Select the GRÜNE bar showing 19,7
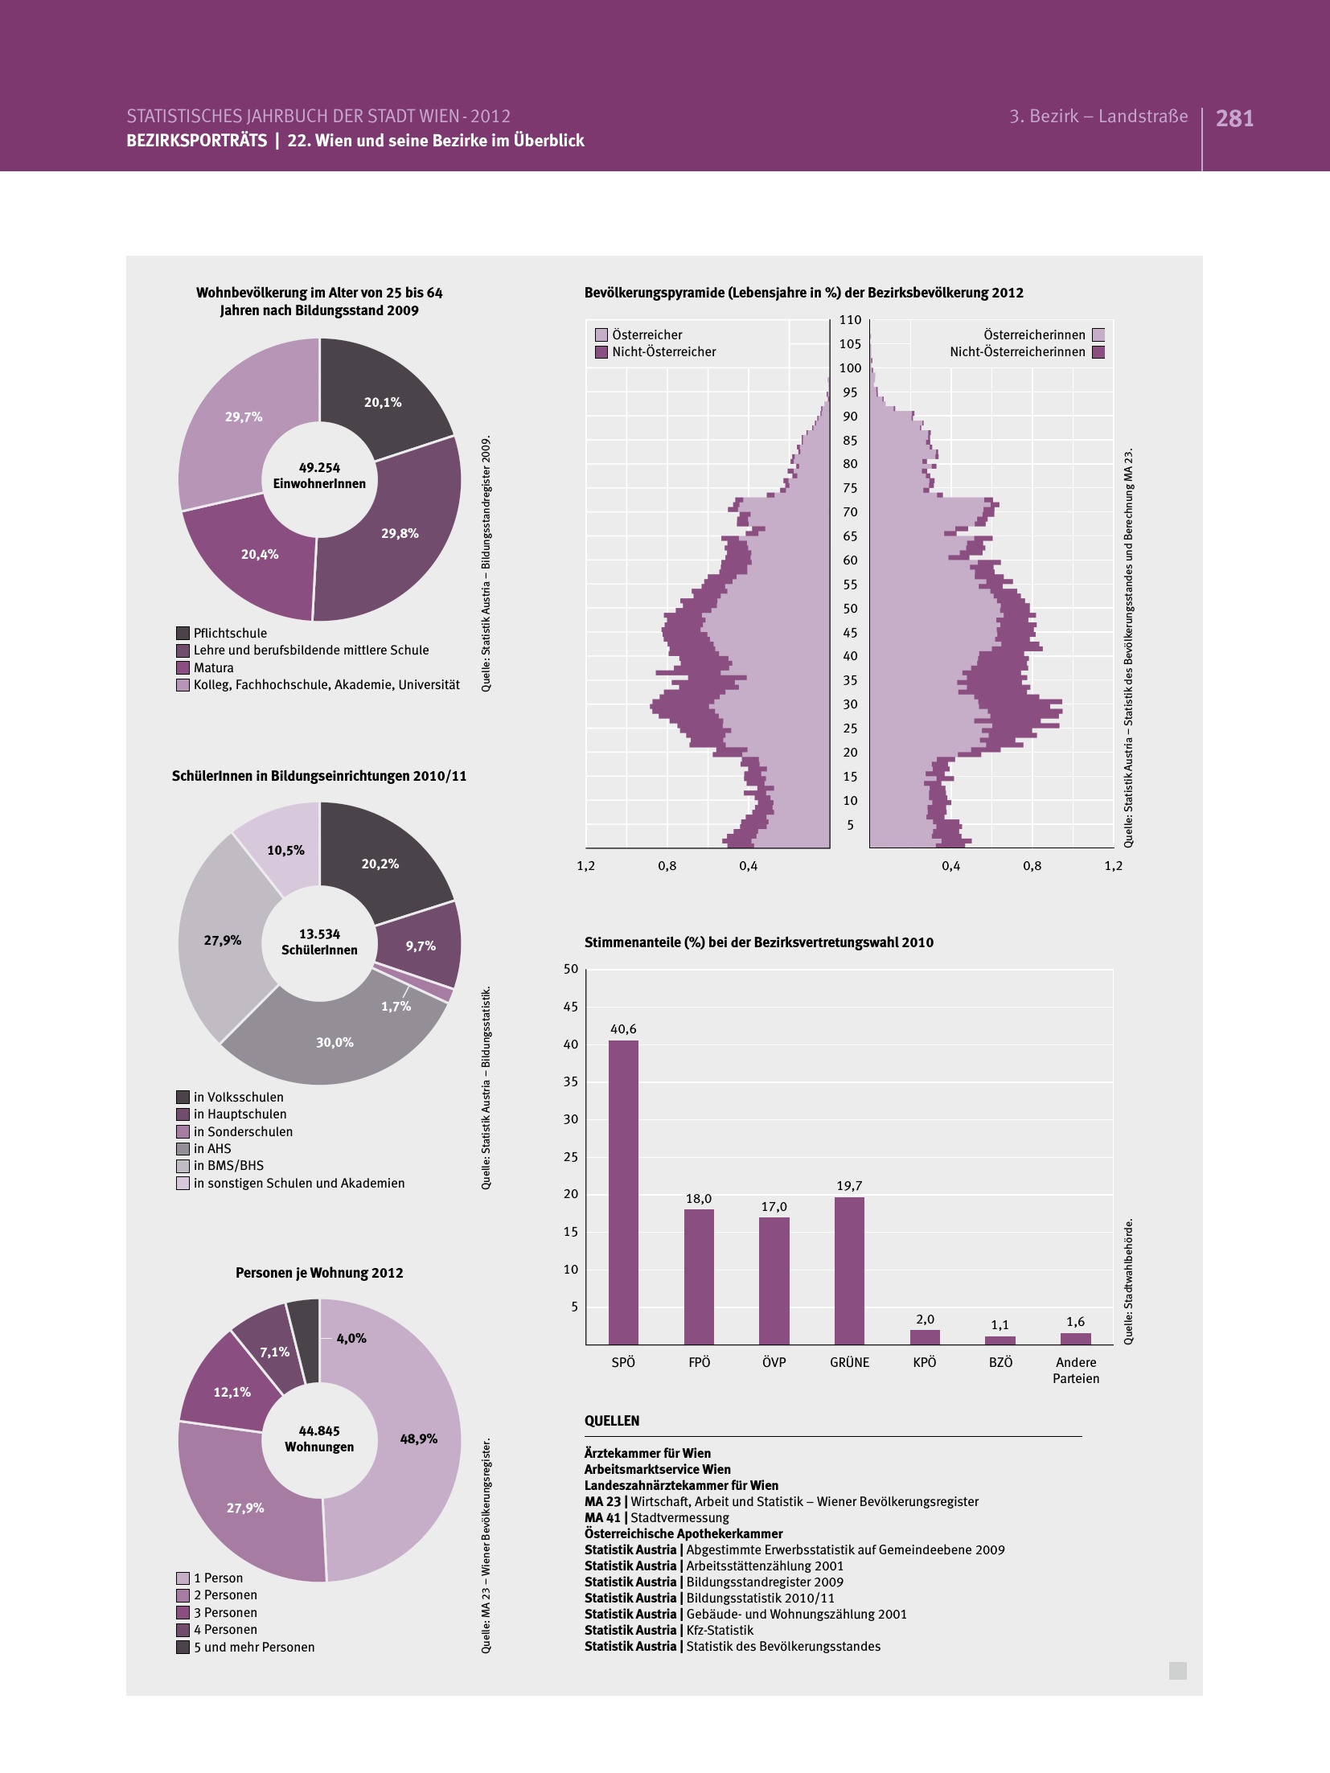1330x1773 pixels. (x=849, y=1270)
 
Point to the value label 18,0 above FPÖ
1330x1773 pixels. (x=698, y=1199)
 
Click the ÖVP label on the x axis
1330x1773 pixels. (x=774, y=1362)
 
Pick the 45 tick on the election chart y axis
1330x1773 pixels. (x=571, y=1007)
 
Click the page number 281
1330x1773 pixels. (x=1234, y=119)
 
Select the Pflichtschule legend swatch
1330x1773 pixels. (x=183, y=634)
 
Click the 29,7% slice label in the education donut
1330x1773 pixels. (x=244, y=417)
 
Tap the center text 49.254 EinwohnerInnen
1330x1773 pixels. (x=319, y=475)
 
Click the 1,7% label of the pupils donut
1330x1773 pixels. (x=396, y=1007)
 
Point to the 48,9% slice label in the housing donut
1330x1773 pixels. (x=418, y=1439)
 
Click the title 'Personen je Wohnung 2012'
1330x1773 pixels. (x=319, y=1273)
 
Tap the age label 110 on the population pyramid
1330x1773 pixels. (x=850, y=320)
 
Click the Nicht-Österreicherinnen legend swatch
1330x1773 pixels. (x=1098, y=352)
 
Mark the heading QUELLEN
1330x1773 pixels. (x=612, y=1421)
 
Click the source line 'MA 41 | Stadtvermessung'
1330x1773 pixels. (x=657, y=1517)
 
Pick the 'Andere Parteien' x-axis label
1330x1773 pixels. (x=1076, y=1370)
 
